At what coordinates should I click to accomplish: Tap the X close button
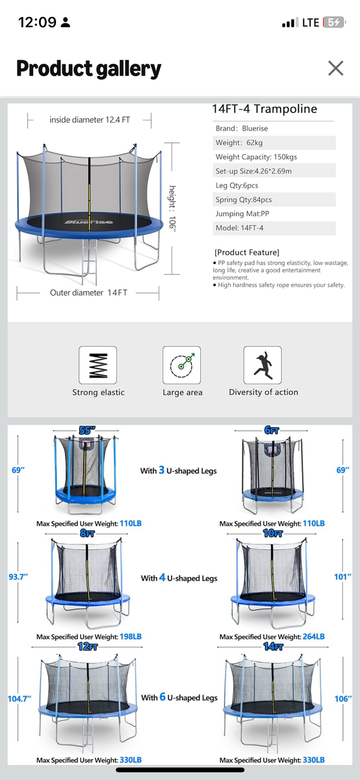(x=335, y=68)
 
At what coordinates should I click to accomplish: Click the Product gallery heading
(x=89, y=69)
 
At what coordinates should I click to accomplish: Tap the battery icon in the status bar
(x=334, y=23)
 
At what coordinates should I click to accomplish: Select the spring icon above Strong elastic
(x=98, y=365)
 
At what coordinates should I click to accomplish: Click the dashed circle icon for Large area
(x=181, y=365)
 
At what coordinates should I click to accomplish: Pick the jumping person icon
(x=263, y=365)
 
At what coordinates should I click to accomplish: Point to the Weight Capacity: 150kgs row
(x=256, y=157)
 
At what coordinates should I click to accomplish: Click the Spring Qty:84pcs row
(x=244, y=200)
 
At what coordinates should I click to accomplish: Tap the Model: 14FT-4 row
(x=240, y=228)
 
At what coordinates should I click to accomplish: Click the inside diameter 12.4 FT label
(x=90, y=120)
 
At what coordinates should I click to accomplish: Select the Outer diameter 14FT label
(x=88, y=292)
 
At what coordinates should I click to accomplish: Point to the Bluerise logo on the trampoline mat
(x=89, y=222)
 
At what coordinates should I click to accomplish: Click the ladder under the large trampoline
(x=90, y=260)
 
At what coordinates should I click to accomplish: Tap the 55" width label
(x=87, y=430)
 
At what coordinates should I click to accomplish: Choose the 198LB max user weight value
(x=131, y=636)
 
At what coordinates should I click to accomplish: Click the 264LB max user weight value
(x=314, y=636)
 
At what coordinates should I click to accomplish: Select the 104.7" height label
(x=19, y=699)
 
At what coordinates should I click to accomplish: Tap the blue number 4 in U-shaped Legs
(x=162, y=577)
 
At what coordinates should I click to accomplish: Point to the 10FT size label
(x=273, y=534)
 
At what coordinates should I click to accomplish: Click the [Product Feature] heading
(x=247, y=252)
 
